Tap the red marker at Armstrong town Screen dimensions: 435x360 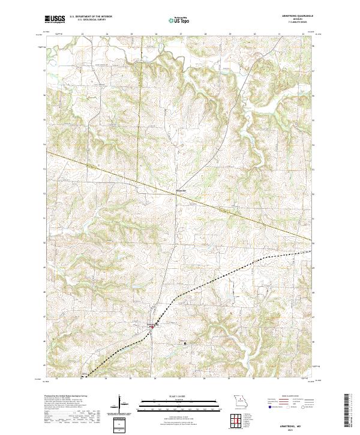click(x=152, y=326)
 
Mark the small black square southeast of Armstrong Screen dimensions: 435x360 click(x=185, y=343)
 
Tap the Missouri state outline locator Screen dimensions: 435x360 click(x=239, y=401)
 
